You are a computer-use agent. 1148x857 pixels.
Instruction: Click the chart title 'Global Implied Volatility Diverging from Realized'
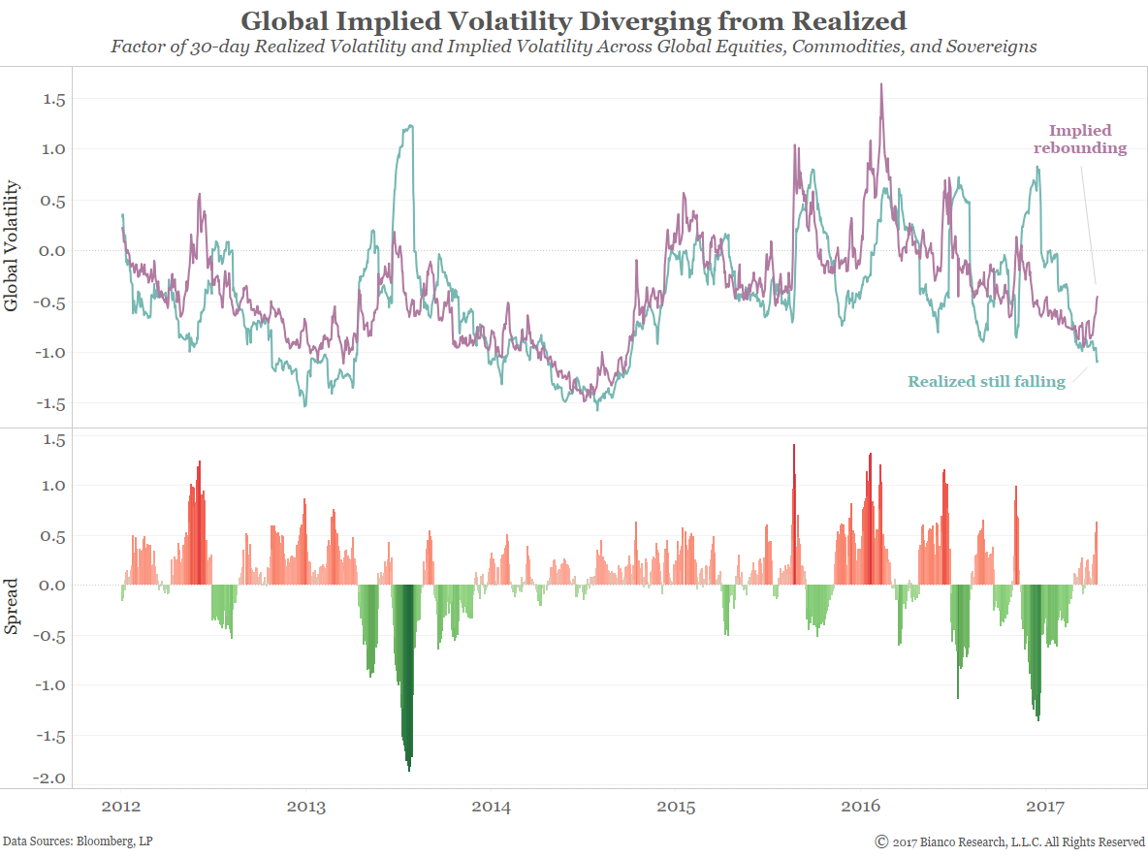tap(573, 20)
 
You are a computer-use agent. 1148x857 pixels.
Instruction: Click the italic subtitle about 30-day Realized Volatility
tap(573, 47)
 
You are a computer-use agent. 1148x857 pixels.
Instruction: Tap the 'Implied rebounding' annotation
tap(1080, 139)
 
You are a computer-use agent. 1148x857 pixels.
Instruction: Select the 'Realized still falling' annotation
tap(986, 382)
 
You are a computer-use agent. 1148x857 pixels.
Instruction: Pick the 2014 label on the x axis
tap(492, 807)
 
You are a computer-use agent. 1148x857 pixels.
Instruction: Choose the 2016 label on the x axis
tap(861, 807)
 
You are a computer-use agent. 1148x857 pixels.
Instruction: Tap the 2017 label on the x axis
tap(1045, 807)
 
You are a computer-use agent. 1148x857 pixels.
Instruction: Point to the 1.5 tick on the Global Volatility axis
tap(53, 99)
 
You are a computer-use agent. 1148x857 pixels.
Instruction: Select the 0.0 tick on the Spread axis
tap(53, 585)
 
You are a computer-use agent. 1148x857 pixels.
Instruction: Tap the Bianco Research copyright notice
tap(1009, 841)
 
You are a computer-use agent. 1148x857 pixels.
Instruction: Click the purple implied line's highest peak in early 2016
tap(880, 84)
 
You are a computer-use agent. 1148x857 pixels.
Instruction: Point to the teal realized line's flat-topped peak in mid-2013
tap(410, 126)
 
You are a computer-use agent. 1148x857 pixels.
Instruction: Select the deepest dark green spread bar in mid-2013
tap(409, 769)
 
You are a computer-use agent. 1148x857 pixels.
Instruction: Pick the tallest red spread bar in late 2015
tap(794, 446)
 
